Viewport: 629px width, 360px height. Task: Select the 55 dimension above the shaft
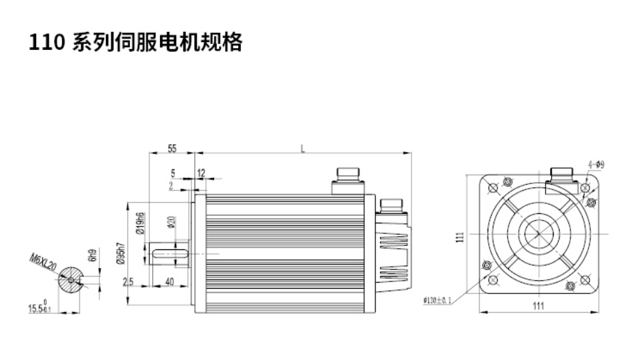coord(171,148)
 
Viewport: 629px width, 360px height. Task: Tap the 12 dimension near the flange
coord(201,173)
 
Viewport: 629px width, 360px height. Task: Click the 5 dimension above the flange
coord(172,173)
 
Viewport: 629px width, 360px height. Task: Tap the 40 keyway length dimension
coord(169,283)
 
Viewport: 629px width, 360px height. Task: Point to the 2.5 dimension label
coord(129,283)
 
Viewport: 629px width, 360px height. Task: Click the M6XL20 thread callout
coord(44,263)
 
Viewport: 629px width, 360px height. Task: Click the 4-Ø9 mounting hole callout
coord(596,165)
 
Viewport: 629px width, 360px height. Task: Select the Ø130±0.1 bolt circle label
coord(438,300)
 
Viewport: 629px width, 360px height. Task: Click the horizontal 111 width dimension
coord(539,306)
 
